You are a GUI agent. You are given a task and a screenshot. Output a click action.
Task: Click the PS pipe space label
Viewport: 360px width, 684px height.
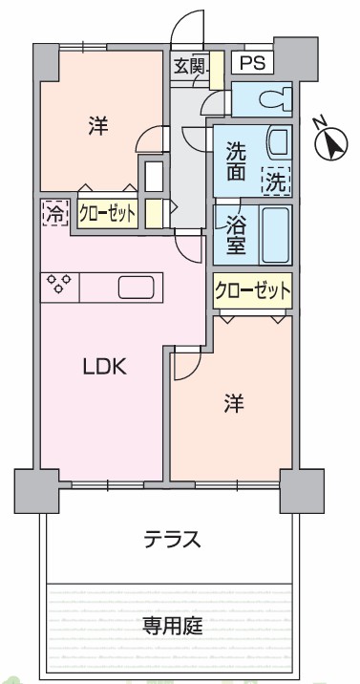[253, 63]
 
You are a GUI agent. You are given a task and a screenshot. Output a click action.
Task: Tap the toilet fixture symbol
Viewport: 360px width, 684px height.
[275, 99]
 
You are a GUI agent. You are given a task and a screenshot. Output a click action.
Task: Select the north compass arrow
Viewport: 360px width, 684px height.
[331, 144]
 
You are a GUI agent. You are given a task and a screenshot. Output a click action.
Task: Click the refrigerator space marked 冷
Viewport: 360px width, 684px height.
[55, 212]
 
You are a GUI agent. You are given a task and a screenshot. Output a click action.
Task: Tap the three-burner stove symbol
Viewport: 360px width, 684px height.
[60, 285]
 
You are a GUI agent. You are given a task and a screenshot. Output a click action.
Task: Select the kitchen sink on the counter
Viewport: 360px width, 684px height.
[136, 288]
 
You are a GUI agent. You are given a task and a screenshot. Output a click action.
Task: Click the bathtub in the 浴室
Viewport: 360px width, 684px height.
[275, 235]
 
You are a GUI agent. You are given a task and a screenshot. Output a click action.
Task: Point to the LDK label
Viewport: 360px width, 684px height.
[105, 368]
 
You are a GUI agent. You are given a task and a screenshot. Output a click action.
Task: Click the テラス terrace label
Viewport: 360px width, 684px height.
[173, 539]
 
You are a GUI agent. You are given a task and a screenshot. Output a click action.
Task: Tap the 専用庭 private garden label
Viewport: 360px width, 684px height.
[173, 627]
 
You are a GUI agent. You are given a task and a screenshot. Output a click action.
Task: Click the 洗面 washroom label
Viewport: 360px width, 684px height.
[236, 161]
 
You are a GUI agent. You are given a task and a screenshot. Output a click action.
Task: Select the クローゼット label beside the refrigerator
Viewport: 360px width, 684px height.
[108, 214]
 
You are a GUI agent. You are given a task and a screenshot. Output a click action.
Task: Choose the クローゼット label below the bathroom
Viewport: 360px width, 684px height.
[252, 290]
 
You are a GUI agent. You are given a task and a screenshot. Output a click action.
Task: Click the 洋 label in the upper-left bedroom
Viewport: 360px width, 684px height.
[98, 126]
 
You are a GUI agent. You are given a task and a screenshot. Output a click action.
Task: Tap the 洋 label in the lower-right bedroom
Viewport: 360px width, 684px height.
[234, 404]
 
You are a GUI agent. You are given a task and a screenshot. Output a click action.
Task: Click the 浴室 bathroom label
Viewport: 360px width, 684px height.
[236, 237]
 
